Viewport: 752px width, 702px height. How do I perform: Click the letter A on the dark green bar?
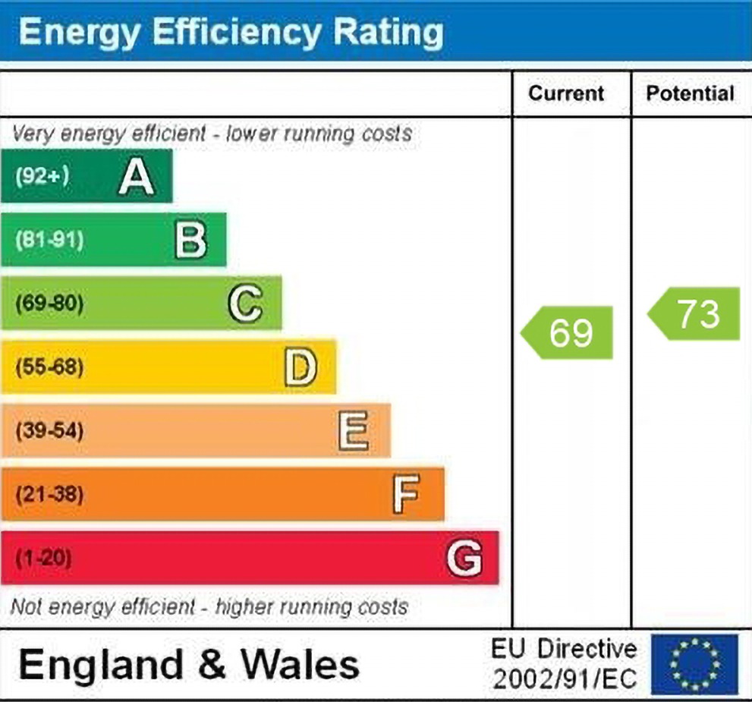coord(137,177)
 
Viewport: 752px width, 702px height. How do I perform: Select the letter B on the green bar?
coord(190,241)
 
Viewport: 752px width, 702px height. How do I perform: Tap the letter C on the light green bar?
coord(245,304)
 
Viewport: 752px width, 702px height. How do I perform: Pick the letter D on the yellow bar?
coord(300,367)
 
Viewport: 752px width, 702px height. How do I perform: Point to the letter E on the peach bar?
coord(354,431)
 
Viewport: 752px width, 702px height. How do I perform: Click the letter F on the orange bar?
coord(406,495)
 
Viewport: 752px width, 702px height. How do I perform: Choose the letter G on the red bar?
coord(464,559)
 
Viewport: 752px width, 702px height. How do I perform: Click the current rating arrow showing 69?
coord(568,332)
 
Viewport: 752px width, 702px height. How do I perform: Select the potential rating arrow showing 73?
coord(695,313)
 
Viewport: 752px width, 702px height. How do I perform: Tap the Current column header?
coord(566,93)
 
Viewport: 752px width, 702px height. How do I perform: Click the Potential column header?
coord(690,93)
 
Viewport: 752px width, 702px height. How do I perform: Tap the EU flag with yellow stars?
coord(694,664)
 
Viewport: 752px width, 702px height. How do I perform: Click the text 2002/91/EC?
coord(565,678)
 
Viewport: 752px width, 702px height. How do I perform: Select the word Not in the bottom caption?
coord(26,607)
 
